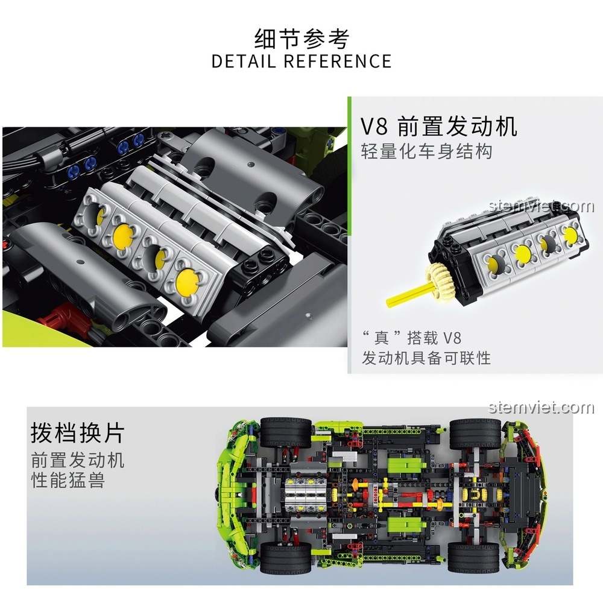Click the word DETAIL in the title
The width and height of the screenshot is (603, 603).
244,61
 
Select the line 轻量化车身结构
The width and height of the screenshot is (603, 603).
426,151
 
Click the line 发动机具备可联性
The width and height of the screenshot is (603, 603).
426,358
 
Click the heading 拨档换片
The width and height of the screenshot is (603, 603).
78,433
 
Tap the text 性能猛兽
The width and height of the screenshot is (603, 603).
68,481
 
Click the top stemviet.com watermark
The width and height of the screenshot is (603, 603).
541,207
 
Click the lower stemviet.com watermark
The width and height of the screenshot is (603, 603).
541,408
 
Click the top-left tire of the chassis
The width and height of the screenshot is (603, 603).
285,432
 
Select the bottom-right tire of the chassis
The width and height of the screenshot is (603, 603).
474,557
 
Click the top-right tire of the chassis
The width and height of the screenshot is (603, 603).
474,433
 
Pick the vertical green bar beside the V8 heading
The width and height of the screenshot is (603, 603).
349,235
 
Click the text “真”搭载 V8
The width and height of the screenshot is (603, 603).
411,337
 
